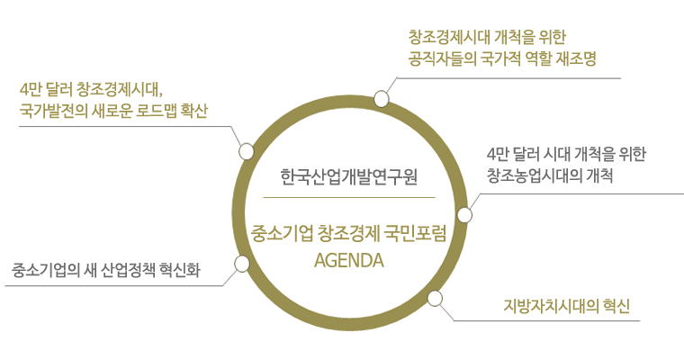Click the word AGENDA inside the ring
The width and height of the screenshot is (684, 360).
(349, 262)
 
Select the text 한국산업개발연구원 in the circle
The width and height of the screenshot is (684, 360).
(349, 174)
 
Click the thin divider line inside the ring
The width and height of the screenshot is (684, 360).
(349, 196)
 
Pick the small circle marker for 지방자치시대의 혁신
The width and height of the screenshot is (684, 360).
(435, 299)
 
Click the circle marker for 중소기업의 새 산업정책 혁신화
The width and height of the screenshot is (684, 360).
(241, 264)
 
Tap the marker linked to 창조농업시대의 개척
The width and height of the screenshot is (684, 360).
(464, 215)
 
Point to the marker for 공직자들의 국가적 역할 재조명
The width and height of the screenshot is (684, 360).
(382, 98)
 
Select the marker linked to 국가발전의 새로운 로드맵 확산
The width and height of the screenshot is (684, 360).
(246, 151)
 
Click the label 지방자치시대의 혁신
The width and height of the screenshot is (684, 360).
(567, 303)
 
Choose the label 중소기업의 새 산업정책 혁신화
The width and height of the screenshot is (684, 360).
(106, 269)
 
